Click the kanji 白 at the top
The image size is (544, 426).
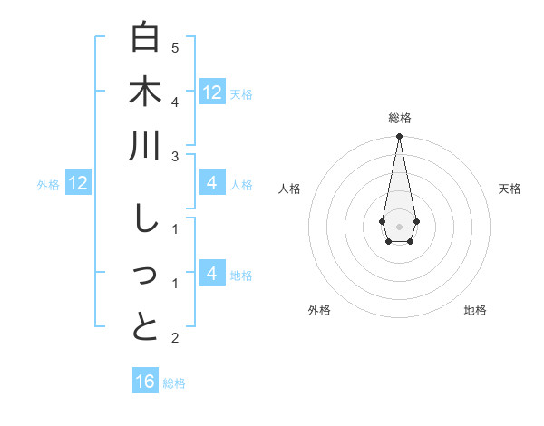[145, 38]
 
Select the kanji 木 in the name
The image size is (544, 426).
[145, 92]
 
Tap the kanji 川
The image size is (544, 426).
[145, 147]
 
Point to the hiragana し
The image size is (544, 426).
[145, 219]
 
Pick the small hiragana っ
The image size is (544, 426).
[145, 276]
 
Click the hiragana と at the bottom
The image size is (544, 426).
[145, 328]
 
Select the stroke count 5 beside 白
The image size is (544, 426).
[175, 47]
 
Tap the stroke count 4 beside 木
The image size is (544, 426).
[175, 102]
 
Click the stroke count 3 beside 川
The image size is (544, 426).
[175, 157]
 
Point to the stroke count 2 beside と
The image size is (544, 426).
[175, 338]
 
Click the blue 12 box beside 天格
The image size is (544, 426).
[212, 92]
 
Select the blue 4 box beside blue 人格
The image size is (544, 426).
[212, 184]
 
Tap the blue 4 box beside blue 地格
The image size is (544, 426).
[212, 274]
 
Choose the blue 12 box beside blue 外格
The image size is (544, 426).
[77, 184]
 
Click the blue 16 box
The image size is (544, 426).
[145, 382]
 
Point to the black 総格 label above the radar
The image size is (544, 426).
[399, 118]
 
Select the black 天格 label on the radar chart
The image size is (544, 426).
[510, 189]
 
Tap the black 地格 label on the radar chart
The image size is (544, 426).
[475, 310]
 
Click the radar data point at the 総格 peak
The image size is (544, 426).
[399, 137]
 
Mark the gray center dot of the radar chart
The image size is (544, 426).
[399, 226]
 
